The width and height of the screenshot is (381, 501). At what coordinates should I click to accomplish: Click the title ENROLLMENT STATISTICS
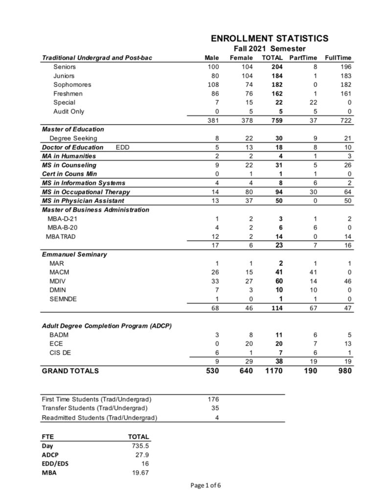[269, 39]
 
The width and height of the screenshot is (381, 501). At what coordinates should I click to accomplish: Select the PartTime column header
[303, 58]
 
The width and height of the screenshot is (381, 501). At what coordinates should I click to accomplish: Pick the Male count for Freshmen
[212, 93]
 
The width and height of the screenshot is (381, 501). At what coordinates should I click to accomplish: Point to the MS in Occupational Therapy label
[86, 192]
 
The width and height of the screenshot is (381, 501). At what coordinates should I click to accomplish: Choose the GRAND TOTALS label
[70, 371]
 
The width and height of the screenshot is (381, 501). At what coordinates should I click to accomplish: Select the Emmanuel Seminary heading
[74, 254]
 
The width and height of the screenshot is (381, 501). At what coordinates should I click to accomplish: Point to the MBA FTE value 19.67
[139, 473]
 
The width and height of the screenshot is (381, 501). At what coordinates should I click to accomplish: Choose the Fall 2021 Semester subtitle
[269, 48]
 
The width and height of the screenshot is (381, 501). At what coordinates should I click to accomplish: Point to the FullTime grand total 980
[341, 371]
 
